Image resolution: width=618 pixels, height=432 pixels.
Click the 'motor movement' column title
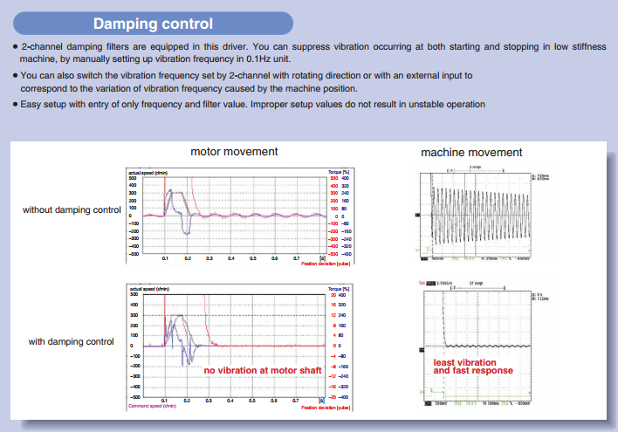click(234, 152)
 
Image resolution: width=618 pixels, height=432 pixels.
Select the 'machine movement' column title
click(471, 153)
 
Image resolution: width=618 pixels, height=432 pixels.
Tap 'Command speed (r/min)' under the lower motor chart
click(154, 406)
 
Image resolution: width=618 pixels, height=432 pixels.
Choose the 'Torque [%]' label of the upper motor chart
click(338, 172)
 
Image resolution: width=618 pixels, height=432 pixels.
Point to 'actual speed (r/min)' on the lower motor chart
click(147, 290)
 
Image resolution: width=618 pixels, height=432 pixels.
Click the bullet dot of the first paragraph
click(16, 46)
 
